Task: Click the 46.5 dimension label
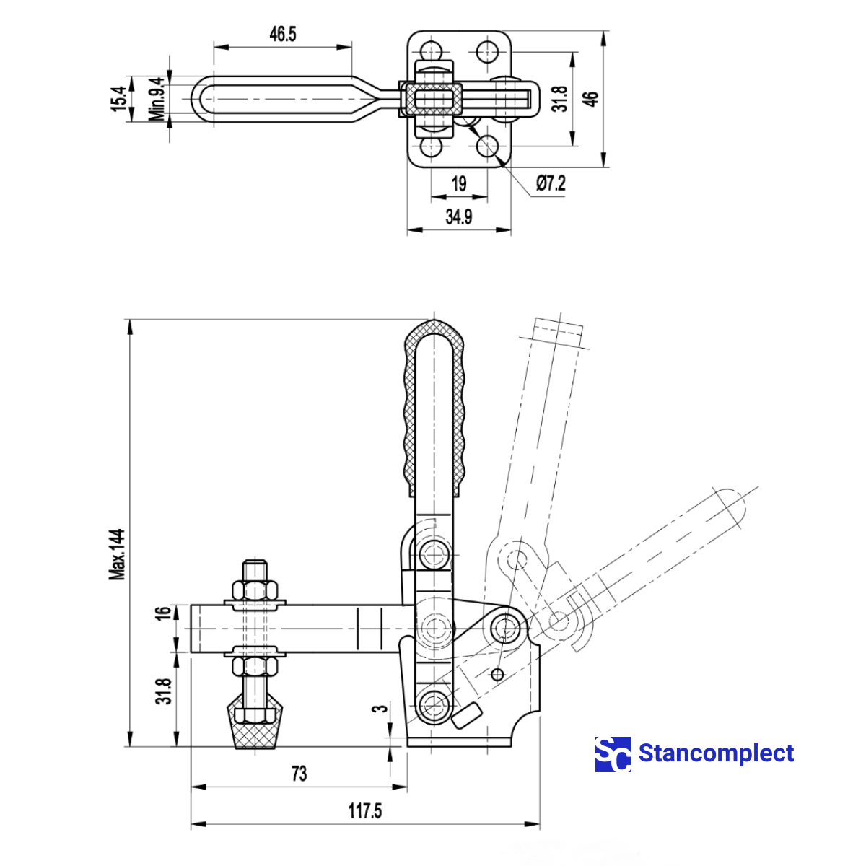tap(283, 34)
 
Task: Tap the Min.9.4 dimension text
tap(157, 99)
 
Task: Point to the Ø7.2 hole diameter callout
tap(551, 183)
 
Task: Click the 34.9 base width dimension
tap(459, 216)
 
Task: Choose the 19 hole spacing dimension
tap(459, 183)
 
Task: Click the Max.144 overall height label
tap(117, 554)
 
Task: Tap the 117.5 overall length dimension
tap(365, 810)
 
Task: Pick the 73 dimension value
tap(299, 774)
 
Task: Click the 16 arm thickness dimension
tap(165, 613)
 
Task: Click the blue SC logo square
tap(613, 754)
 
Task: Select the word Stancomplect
tap(716, 753)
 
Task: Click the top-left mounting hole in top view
tap(432, 51)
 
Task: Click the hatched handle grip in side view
tap(435, 408)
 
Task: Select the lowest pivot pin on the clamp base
tap(434, 702)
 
